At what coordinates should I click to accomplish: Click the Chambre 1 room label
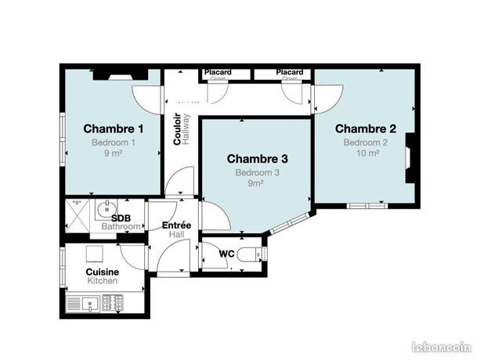pyautogui.click(x=113, y=128)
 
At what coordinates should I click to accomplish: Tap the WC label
pyautogui.click(x=227, y=254)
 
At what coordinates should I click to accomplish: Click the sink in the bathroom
pyautogui.click(x=103, y=209)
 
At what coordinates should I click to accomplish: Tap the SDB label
pyautogui.click(x=121, y=218)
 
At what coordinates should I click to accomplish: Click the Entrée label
pyautogui.click(x=176, y=225)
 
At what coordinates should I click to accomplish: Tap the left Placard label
pyautogui.click(x=217, y=72)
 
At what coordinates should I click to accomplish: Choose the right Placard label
pyautogui.click(x=290, y=72)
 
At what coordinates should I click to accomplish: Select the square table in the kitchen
pyautogui.click(x=96, y=252)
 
